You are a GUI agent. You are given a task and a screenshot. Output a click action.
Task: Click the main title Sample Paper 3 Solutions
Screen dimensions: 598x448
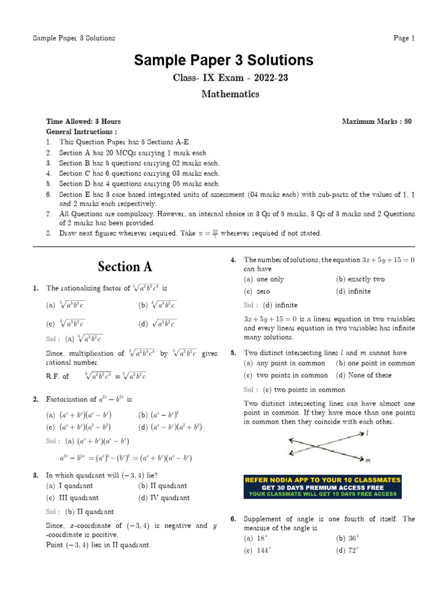(x=224, y=60)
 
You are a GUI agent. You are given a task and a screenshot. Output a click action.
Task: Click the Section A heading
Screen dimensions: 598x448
(x=125, y=267)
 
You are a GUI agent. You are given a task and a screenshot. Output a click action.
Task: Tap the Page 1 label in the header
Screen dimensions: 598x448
(x=404, y=39)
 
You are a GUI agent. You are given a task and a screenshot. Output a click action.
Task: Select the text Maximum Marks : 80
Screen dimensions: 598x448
(x=376, y=121)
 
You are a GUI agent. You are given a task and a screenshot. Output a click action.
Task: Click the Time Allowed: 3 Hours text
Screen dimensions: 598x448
(x=83, y=121)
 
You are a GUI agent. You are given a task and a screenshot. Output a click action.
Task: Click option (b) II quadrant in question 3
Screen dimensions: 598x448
(x=163, y=485)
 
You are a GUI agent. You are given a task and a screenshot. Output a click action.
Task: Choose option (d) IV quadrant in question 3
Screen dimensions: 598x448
(x=164, y=498)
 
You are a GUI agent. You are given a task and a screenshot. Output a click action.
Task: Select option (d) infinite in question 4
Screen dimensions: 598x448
(x=353, y=291)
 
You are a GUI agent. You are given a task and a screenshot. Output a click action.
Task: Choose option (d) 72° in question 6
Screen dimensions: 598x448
(x=348, y=550)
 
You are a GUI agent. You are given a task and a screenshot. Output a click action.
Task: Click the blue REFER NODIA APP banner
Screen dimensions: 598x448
(x=323, y=486)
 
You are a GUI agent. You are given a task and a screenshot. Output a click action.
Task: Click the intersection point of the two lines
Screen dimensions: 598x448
(x=318, y=446)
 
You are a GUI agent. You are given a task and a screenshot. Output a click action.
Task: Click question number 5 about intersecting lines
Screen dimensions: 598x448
(x=233, y=353)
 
